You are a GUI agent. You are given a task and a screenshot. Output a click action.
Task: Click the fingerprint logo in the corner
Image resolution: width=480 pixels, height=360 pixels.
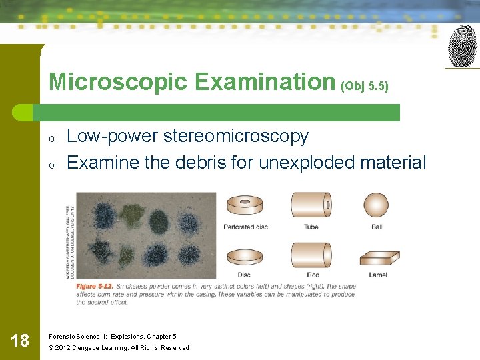point(462,46)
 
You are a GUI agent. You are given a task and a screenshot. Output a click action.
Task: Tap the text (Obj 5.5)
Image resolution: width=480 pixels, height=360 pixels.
point(365,86)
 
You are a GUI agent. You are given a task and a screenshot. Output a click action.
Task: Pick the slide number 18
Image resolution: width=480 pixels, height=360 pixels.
point(20,341)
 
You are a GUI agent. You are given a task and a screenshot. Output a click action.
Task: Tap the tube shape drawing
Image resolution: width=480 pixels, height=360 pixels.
point(311,205)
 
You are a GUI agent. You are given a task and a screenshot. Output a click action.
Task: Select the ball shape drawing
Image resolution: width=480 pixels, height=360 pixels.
point(376,205)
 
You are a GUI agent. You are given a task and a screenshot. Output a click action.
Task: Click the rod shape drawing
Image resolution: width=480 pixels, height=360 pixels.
point(311,255)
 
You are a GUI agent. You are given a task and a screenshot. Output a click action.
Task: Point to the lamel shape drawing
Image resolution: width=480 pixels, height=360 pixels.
point(378,258)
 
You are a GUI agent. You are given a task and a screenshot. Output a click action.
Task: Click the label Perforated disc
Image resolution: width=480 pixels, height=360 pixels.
point(245,227)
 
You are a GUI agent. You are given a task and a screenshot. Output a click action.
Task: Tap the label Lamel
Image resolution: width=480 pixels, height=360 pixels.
point(377,275)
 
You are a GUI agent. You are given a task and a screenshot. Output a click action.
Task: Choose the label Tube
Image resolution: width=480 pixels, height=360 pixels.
point(311,227)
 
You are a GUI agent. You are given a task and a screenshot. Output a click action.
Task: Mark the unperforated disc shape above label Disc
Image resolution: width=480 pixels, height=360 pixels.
point(245,256)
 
